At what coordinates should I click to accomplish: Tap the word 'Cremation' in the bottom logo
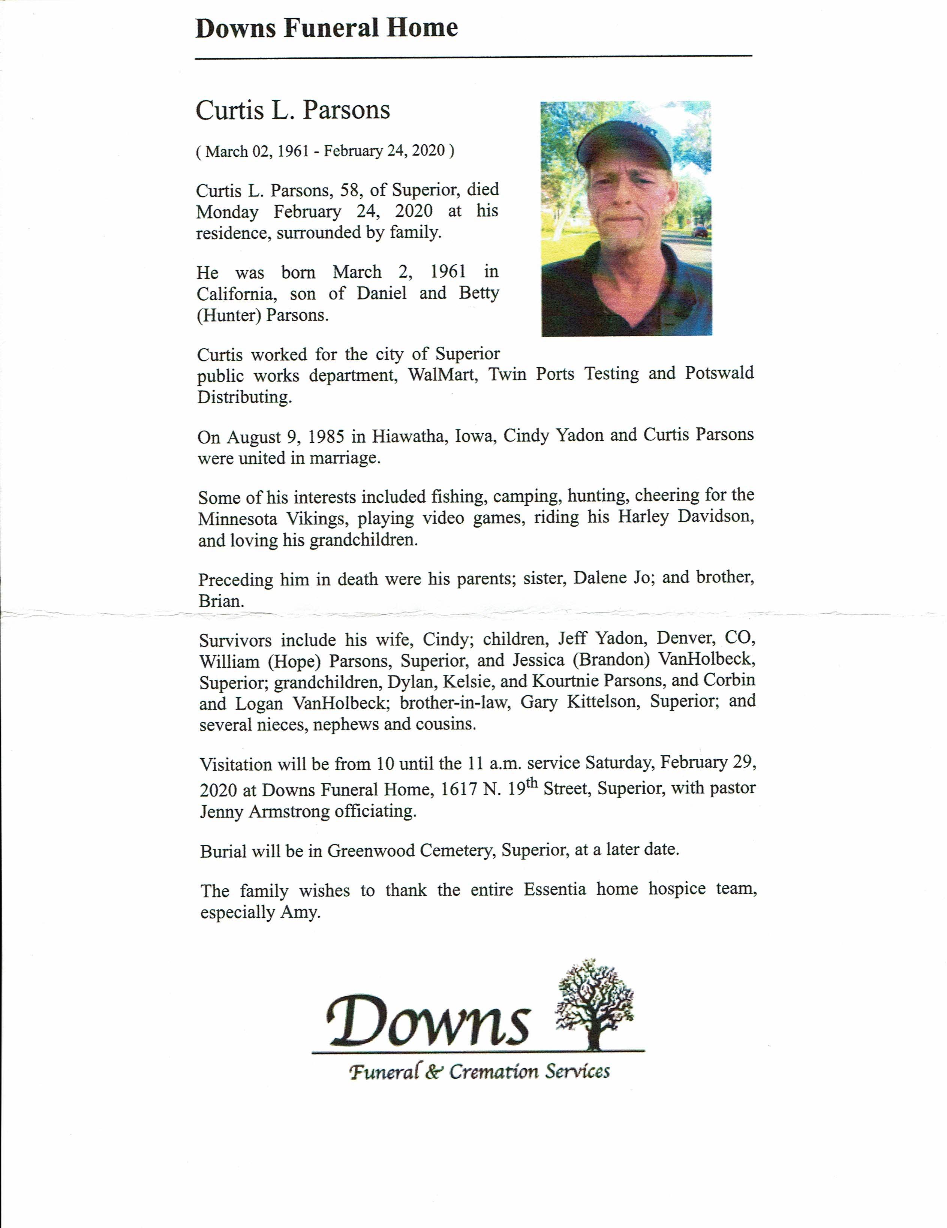pyautogui.click(x=494, y=1072)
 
